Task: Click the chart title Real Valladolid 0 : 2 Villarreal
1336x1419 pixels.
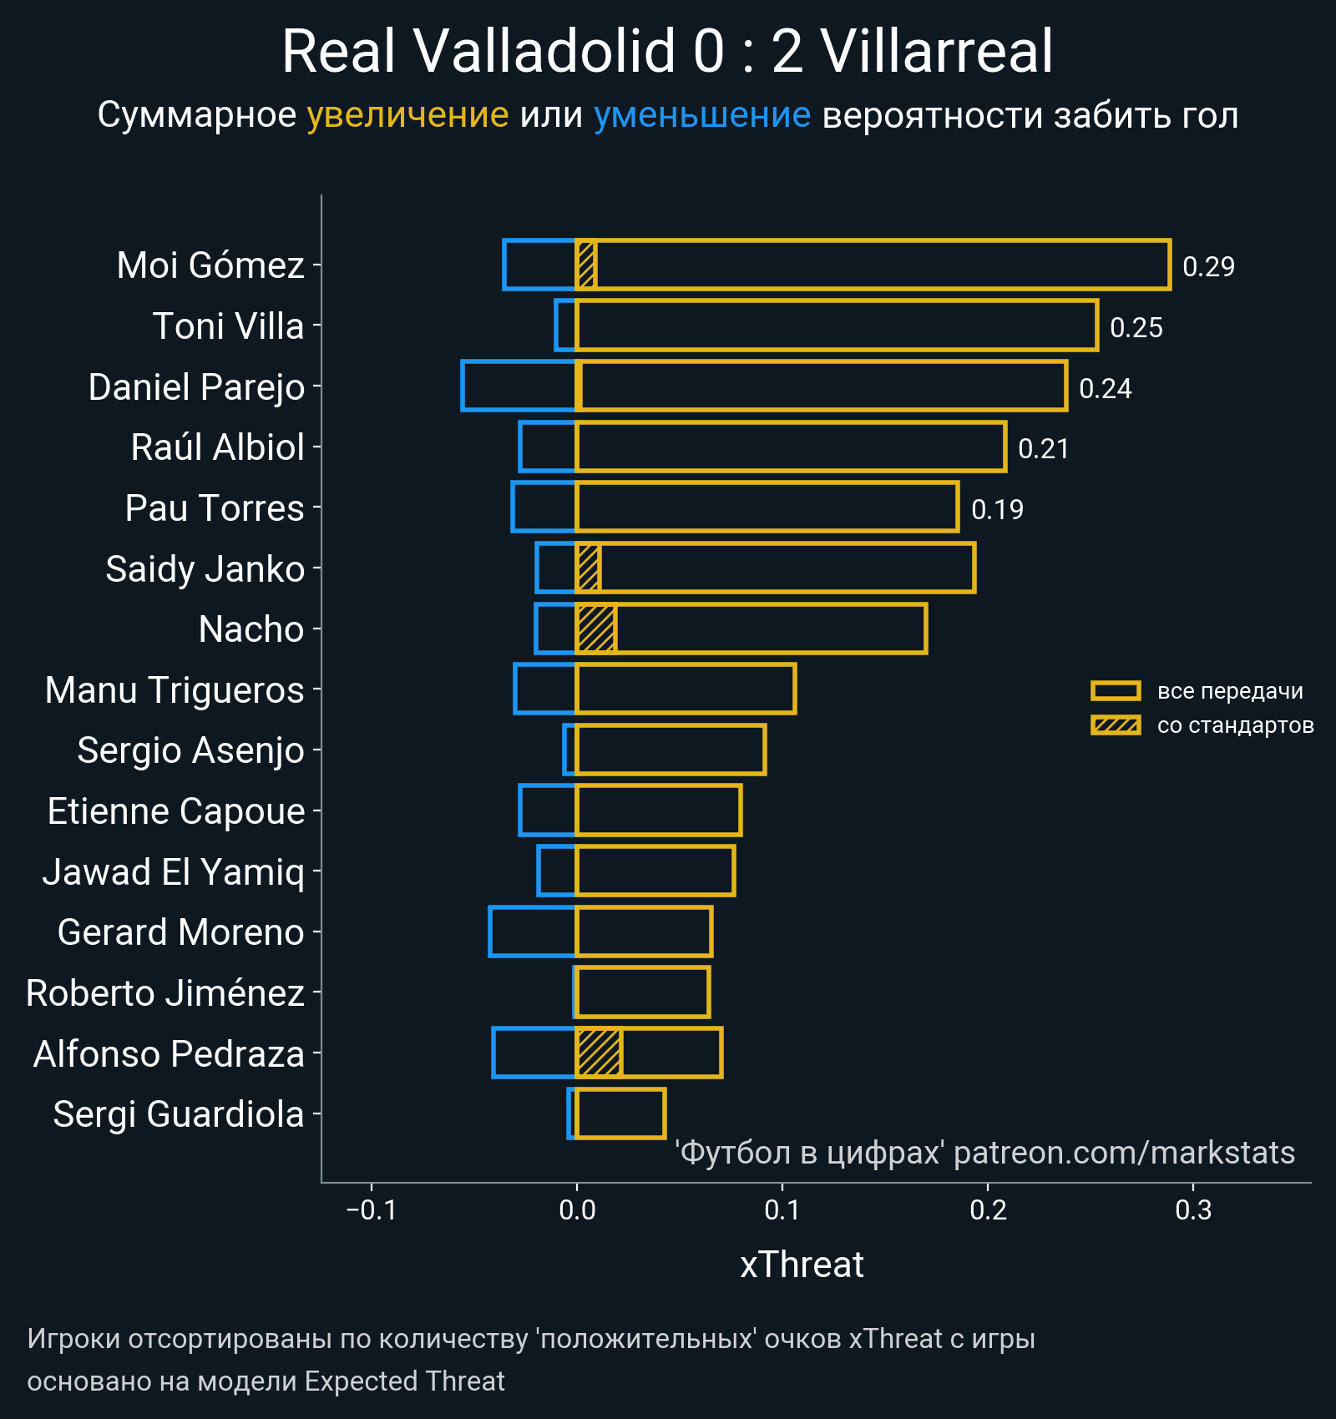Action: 667,52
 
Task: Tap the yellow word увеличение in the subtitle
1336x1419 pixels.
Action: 407,115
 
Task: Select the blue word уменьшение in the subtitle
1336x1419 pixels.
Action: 701,115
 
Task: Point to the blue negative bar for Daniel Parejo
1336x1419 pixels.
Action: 519,386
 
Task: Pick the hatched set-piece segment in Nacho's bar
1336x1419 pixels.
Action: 596,629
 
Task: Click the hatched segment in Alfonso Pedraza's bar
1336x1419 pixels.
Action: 599,1053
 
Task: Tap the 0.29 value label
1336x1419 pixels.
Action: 1208,266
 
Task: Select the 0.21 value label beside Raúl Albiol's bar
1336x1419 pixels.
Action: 1043,449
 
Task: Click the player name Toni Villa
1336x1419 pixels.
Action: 228,326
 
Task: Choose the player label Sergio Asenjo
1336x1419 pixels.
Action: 190,750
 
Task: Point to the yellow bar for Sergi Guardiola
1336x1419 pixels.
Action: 620,1113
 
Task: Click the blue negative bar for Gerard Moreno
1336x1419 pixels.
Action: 533,932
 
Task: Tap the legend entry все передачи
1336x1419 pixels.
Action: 1229,691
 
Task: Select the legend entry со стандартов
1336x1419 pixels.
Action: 1235,725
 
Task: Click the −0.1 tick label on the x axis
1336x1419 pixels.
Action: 371,1209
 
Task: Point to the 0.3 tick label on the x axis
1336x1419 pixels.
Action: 1192,1209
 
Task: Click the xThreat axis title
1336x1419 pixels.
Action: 802,1265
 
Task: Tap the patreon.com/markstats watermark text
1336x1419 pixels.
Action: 1123,1153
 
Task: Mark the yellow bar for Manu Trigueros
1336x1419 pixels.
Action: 686,689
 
